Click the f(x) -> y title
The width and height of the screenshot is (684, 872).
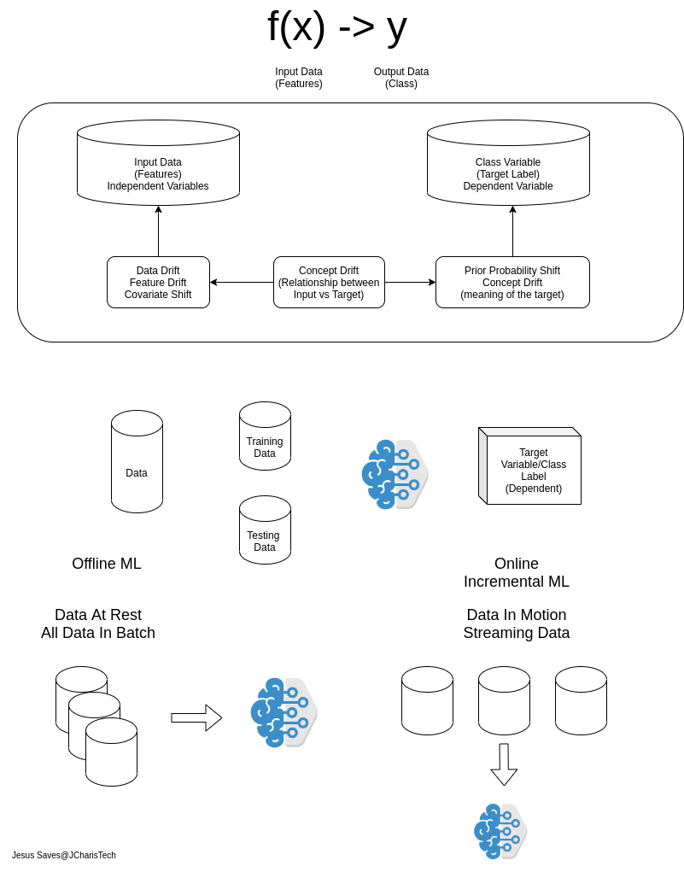pyautogui.click(x=337, y=26)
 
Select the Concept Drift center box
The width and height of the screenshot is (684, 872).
pyautogui.click(x=329, y=282)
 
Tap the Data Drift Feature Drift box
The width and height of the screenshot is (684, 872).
pyautogui.click(x=158, y=282)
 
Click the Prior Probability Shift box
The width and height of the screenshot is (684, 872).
pyautogui.click(x=512, y=282)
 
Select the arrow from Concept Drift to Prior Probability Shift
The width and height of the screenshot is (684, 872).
pyautogui.click(x=410, y=282)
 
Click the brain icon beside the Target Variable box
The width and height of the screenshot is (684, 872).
pyautogui.click(x=394, y=474)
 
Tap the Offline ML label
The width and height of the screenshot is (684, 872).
pyautogui.click(x=107, y=564)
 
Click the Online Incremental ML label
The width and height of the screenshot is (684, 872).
pyautogui.click(x=516, y=573)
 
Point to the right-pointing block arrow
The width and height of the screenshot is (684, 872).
pyautogui.click(x=196, y=717)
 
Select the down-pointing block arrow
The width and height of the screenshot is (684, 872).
pyautogui.click(x=504, y=764)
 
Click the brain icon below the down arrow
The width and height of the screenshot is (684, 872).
pyautogui.click(x=500, y=831)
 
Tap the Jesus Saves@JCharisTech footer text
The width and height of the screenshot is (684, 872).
pyautogui.click(x=64, y=855)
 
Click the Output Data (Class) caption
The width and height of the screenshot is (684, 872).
pyautogui.click(x=401, y=78)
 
